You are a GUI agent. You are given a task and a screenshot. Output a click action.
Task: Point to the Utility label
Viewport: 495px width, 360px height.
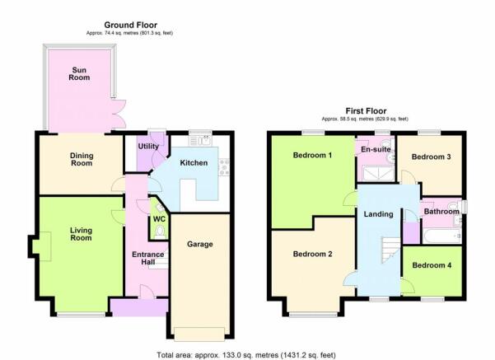tap(147, 146)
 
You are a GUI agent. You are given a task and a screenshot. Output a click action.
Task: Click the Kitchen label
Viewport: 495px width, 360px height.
tap(194, 163)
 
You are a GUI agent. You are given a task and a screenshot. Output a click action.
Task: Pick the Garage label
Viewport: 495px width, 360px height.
tap(199, 244)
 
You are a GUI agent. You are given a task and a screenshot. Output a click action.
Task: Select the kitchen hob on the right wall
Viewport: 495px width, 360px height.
tap(222, 166)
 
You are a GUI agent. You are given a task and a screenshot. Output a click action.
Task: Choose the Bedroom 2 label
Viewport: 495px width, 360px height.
tap(312, 254)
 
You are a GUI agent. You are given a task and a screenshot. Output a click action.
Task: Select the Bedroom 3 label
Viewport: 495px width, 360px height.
tap(431, 157)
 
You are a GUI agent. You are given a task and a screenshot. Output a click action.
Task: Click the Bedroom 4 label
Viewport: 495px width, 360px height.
tap(432, 264)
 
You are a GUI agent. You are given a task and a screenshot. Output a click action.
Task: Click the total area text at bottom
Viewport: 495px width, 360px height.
tap(247, 353)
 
